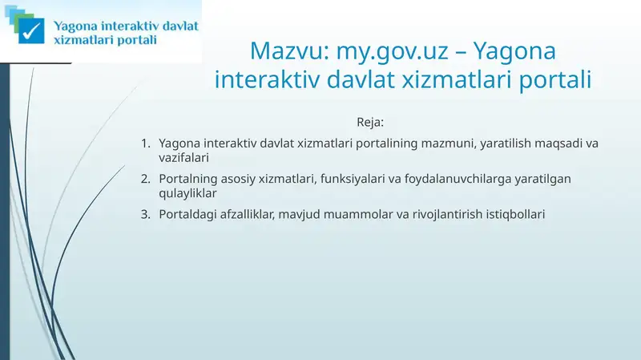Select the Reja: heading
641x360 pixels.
click(x=370, y=123)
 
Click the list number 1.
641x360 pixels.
click(x=144, y=144)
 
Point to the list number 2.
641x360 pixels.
click(x=144, y=179)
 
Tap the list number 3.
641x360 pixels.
click(x=144, y=214)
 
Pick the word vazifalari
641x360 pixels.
click(x=183, y=158)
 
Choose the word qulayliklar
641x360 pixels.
click(x=188, y=193)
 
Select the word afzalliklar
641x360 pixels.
click(x=248, y=214)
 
